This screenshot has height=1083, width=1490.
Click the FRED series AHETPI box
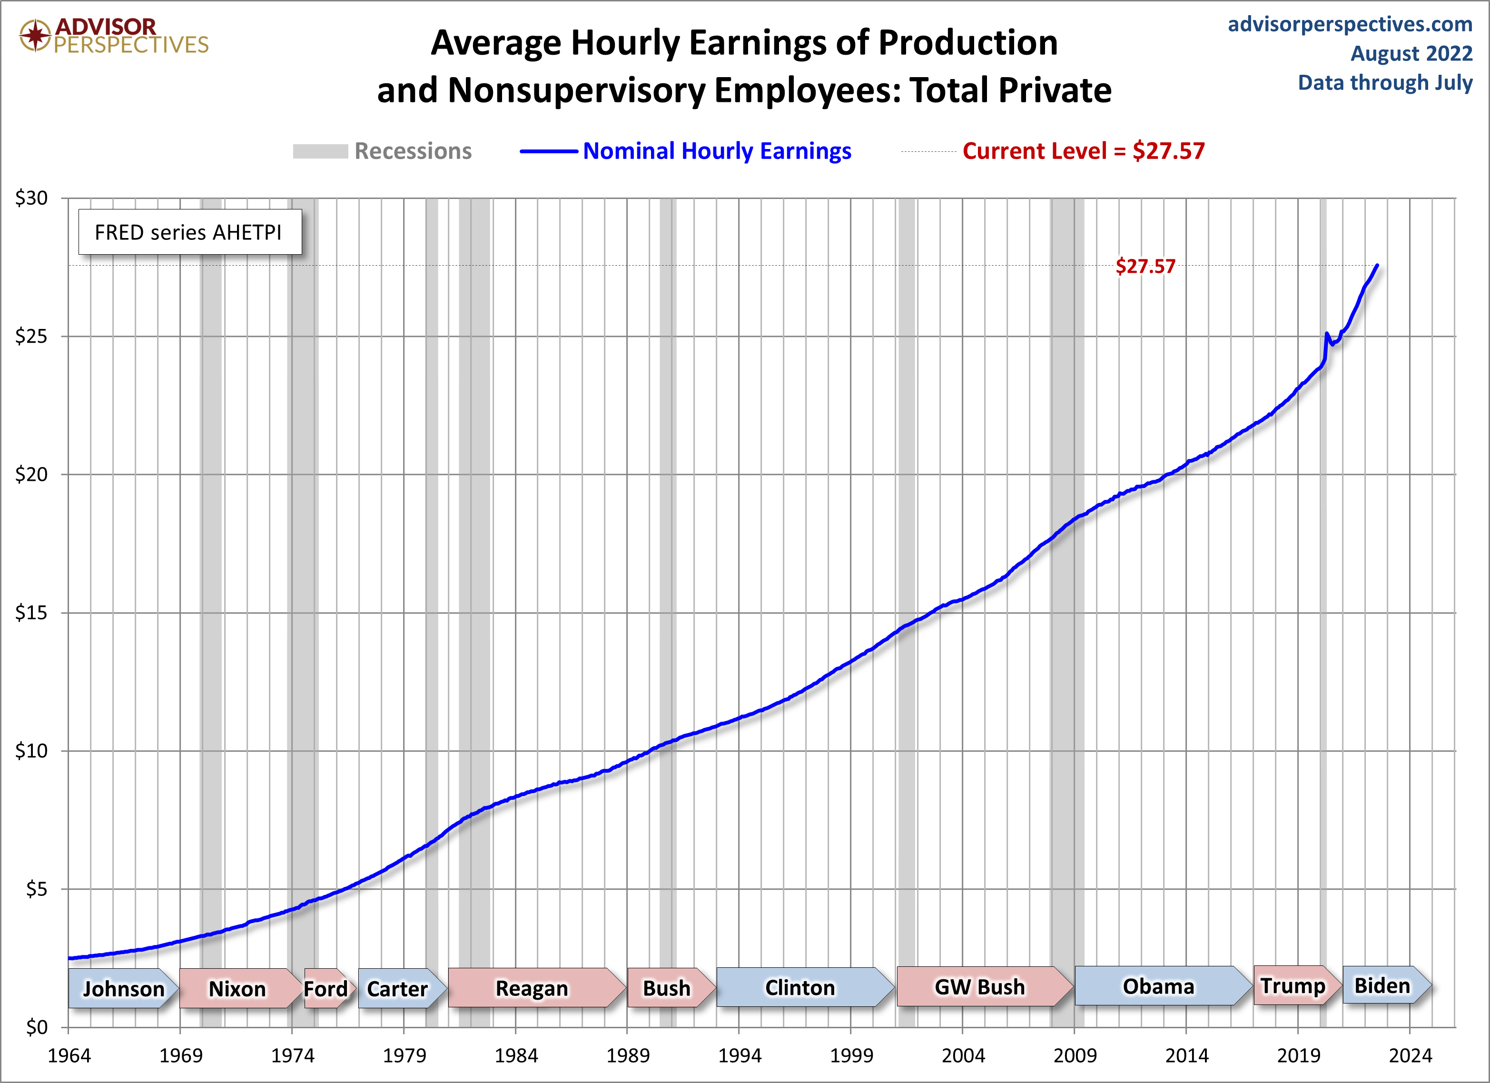(189, 232)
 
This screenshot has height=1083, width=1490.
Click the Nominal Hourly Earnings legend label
(717, 151)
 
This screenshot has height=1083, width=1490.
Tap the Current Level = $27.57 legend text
(1083, 151)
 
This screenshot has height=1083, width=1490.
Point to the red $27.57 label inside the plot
(1145, 266)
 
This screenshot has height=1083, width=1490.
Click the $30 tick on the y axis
(31, 198)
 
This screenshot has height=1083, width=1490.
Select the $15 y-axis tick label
(31, 613)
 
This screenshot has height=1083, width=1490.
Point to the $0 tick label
(36, 1027)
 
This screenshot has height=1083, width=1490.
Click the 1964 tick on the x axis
(69, 1055)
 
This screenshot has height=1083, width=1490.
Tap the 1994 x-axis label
(739, 1055)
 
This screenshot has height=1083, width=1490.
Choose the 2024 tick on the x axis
(1410, 1055)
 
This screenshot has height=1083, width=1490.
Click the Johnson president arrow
(123, 988)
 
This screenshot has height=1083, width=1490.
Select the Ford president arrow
(326, 988)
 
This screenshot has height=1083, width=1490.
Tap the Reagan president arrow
(532, 988)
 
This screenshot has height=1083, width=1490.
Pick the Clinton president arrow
(800, 987)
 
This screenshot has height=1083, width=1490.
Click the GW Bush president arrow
(979, 986)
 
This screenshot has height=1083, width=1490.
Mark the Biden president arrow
(1382, 985)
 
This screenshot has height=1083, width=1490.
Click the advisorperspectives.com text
(1350, 24)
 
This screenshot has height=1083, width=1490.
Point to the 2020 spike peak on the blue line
(1327, 334)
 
